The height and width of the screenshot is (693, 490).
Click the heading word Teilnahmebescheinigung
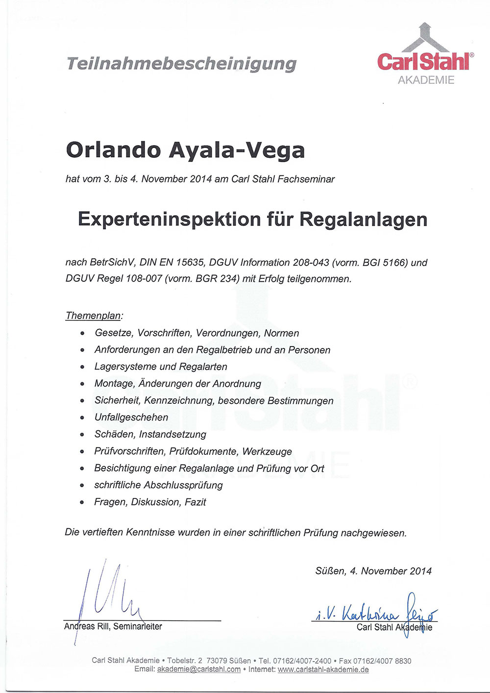[181, 64]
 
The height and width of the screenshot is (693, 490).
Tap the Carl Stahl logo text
[423, 61]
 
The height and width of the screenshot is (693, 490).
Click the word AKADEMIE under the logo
[426, 80]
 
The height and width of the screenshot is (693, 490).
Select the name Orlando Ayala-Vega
[185, 149]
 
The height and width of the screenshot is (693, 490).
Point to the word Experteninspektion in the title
[170, 219]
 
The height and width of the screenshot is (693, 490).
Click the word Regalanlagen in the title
[363, 219]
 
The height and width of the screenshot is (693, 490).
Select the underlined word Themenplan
[93, 316]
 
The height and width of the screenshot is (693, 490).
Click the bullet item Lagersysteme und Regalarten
[161, 367]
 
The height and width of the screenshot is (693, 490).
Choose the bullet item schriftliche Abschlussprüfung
[158, 485]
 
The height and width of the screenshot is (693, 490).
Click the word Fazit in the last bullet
[195, 502]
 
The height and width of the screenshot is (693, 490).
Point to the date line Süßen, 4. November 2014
[373, 571]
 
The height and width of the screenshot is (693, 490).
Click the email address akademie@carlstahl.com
[199, 669]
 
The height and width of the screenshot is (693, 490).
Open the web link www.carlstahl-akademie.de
[323, 669]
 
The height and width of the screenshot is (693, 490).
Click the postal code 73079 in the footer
[216, 661]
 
